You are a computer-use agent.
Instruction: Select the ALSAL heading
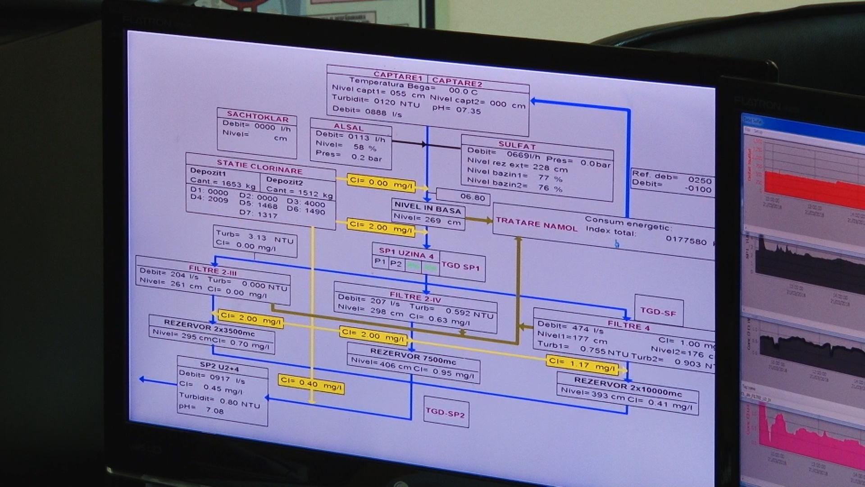[x=348, y=127]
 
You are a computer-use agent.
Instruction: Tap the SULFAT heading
[x=517, y=145]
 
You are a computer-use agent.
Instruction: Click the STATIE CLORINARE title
[x=259, y=166]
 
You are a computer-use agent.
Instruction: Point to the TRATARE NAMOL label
[x=536, y=224]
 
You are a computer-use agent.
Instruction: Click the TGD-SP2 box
[x=445, y=412]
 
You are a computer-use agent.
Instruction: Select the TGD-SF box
[x=658, y=311]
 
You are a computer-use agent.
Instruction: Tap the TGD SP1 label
[x=461, y=266]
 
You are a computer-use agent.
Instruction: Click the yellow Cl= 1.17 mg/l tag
[x=582, y=364]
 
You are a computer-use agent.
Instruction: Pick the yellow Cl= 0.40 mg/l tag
[x=311, y=384]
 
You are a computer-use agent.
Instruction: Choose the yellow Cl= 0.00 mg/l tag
[x=381, y=183]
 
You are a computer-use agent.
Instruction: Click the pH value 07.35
[x=469, y=110]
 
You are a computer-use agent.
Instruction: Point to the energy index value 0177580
[x=686, y=241]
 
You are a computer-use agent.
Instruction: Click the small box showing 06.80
[x=473, y=197]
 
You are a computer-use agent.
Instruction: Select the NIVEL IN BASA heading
[x=428, y=208]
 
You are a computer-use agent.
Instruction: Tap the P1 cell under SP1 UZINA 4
[x=380, y=262]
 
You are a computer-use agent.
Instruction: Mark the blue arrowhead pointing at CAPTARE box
[x=534, y=101]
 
